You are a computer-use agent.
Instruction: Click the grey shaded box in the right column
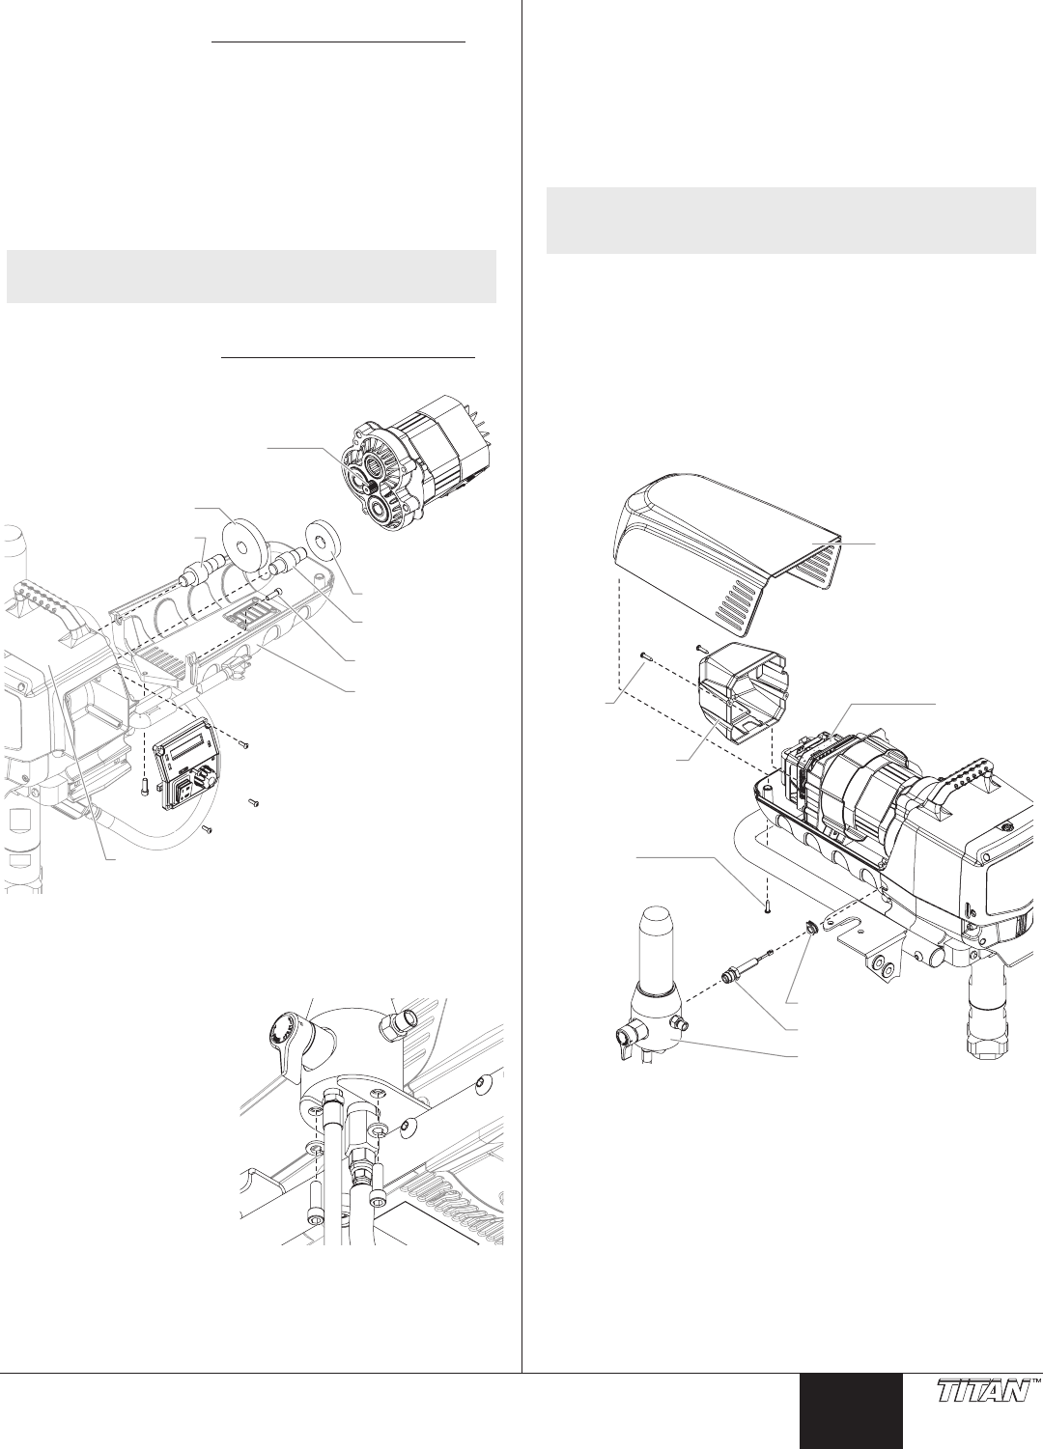(x=791, y=221)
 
